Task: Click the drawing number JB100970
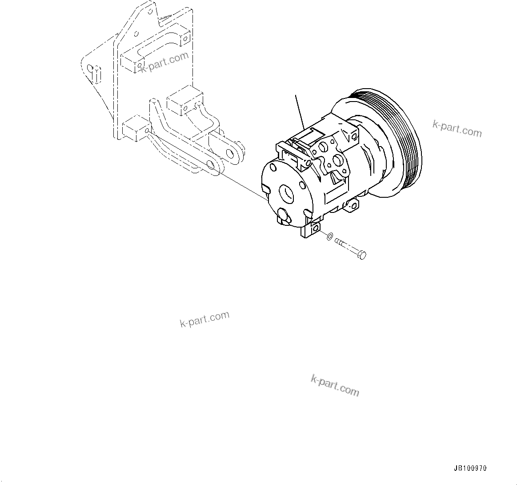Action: coord(470,469)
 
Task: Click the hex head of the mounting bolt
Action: coord(362,255)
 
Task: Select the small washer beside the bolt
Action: coord(329,236)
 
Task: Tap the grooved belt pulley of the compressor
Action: coord(402,143)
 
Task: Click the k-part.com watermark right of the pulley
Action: coord(457,129)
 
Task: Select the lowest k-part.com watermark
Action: coord(335,385)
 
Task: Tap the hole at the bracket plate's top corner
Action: coord(152,7)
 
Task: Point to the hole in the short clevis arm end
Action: coord(231,154)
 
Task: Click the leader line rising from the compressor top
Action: coord(299,111)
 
